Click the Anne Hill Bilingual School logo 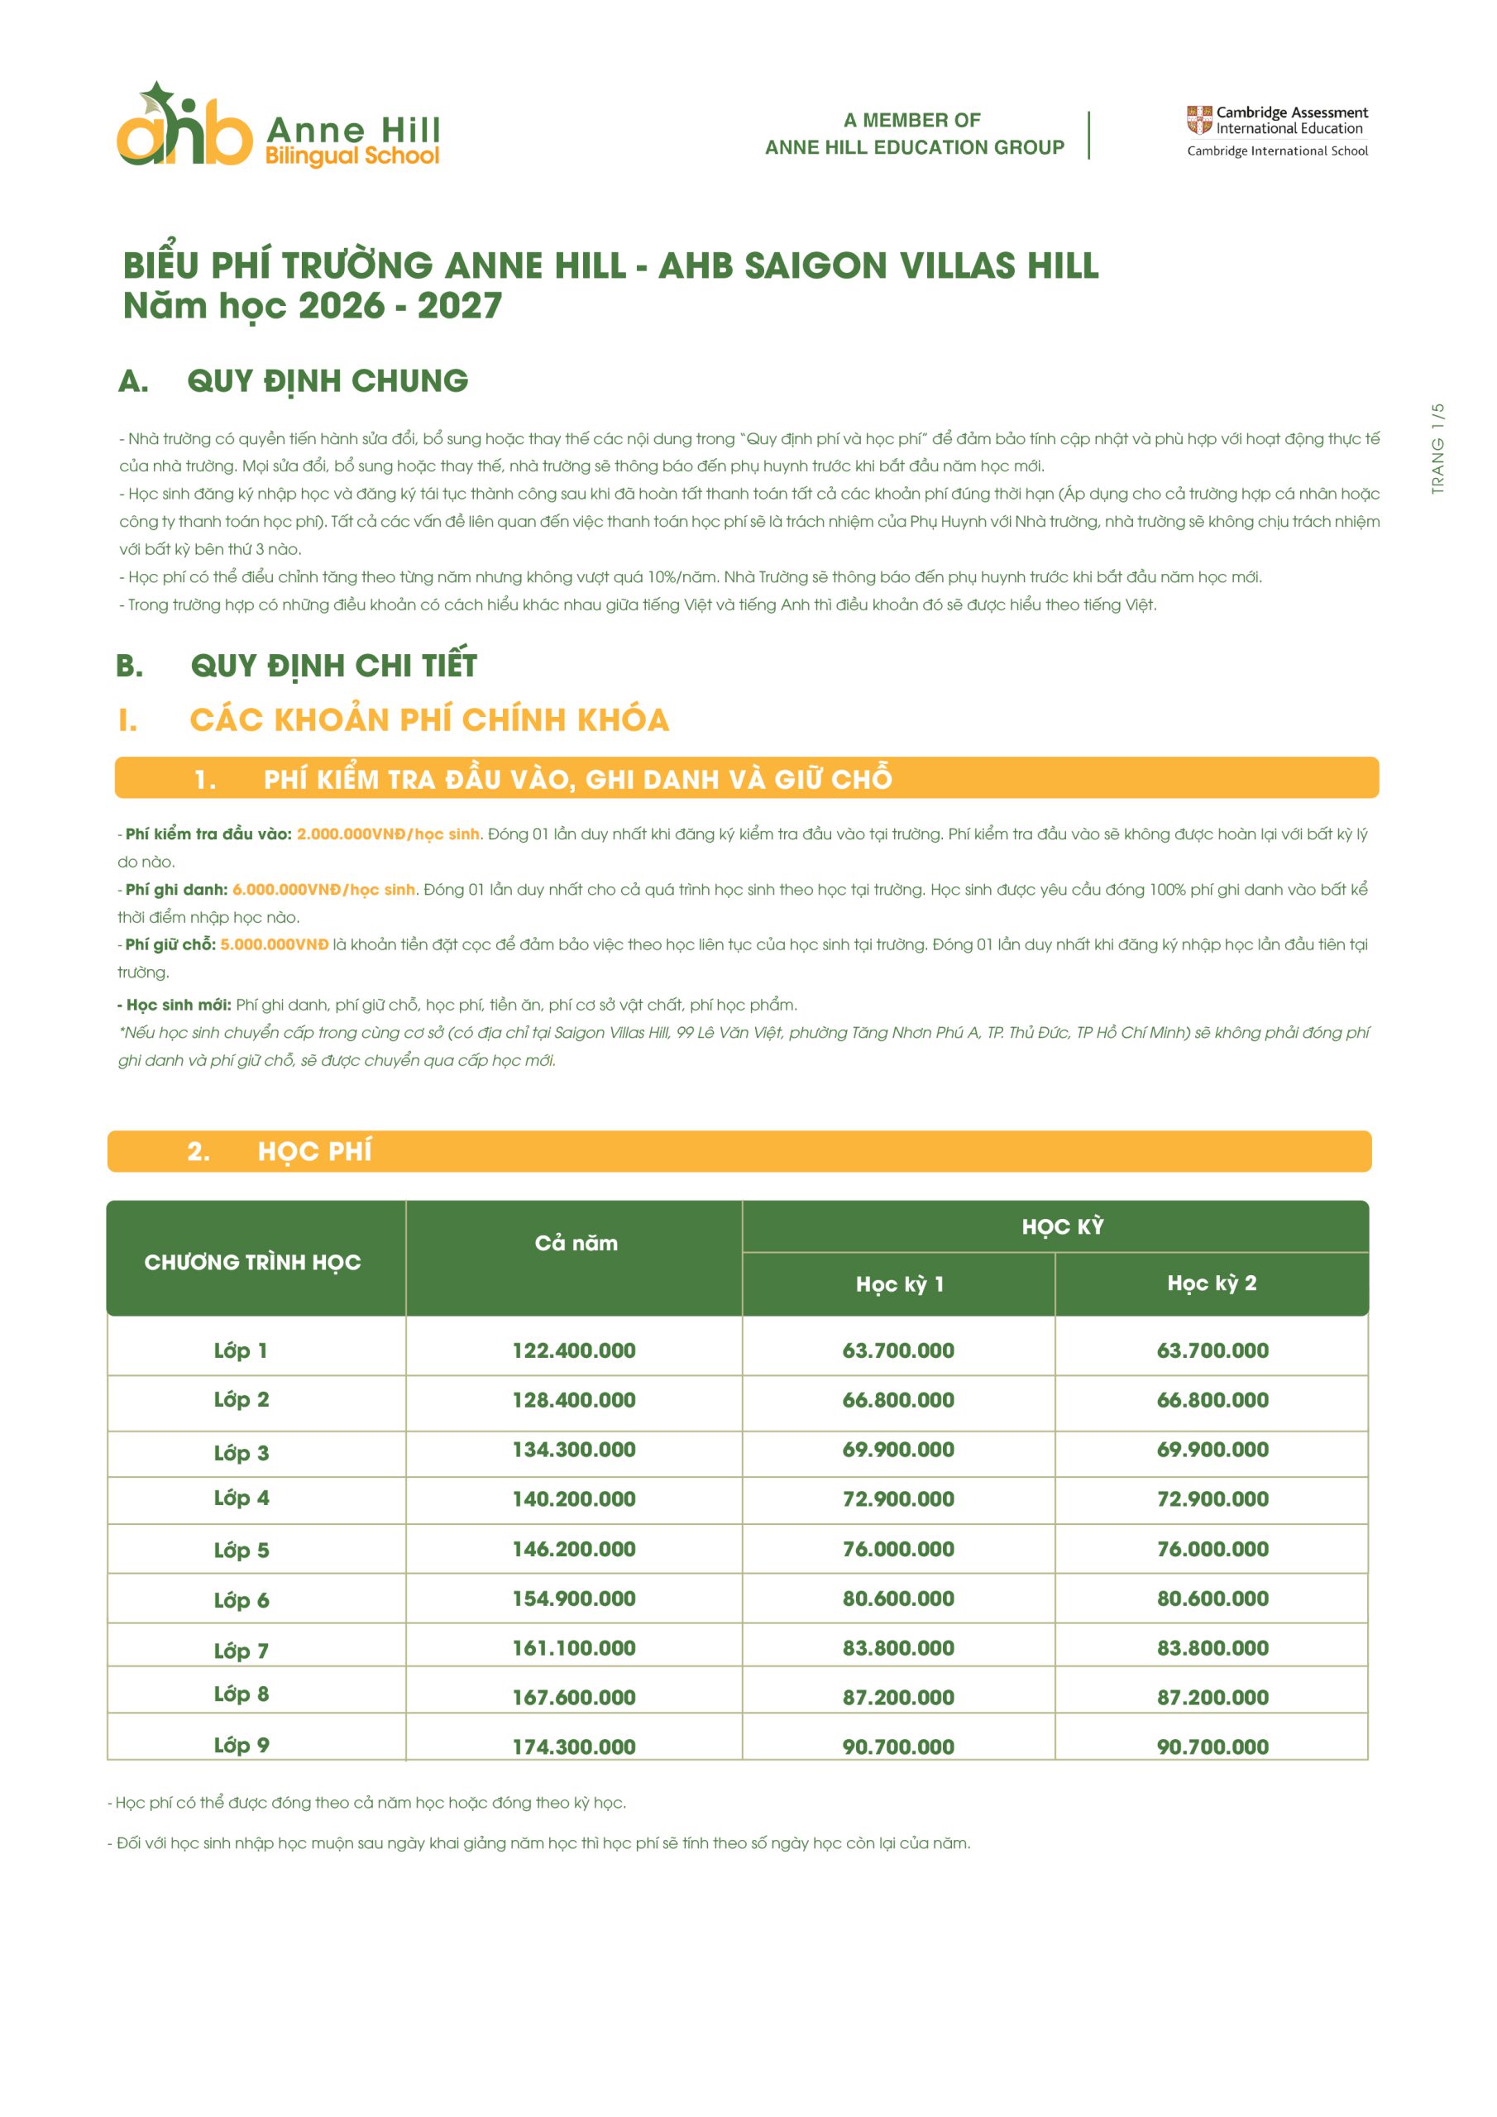click(x=277, y=126)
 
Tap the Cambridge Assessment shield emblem click(x=1198, y=120)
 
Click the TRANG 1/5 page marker click(x=1437, y=448)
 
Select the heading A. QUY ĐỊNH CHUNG click(x=294, y=380)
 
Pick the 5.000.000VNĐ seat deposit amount click(x=274, y=944)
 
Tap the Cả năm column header click(x=576, y=1243)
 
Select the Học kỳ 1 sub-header click(x=899, y=1284)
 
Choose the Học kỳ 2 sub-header click(x=1211, y=1283)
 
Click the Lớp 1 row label click(x=241, y=1350)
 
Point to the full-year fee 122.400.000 click(x=574, y=1350)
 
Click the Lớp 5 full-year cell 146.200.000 click(x=574, y=1549)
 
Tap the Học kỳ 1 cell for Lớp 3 click(x=897, y=1450)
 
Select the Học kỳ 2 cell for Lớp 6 click(x=1212, y=1599)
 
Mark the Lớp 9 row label click(x=241, y=1745)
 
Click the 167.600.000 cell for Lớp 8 click(x=574, y=1698)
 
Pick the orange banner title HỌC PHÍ click(x=313, y=1152)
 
